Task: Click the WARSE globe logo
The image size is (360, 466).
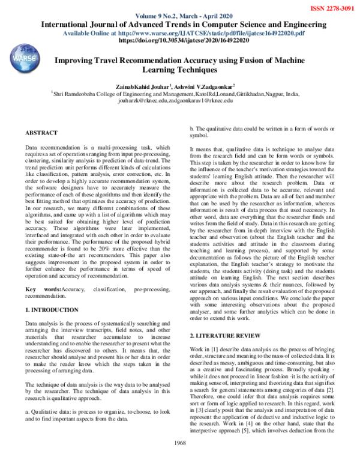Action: (x=25, y=61)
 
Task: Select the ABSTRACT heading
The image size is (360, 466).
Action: (x=43, y=132)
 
